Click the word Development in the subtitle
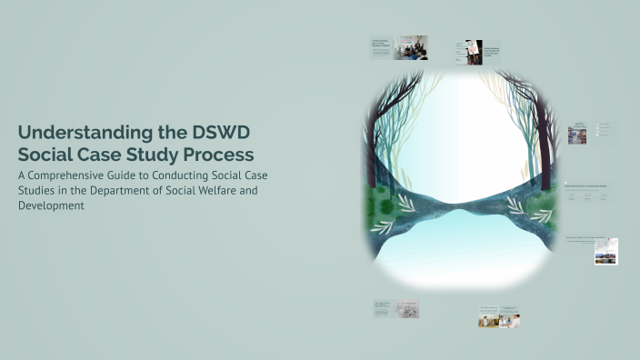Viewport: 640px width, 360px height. click(52, 205)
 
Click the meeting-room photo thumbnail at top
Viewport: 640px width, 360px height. click(410, 48)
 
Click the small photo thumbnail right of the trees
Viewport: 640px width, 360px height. click(576, 135)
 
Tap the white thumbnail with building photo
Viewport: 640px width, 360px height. click(605, 251)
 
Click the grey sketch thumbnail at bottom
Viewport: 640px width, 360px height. click(407, 309)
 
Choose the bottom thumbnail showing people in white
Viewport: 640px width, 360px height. click(499, 317)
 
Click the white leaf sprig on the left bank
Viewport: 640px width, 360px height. click(405, 202)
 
